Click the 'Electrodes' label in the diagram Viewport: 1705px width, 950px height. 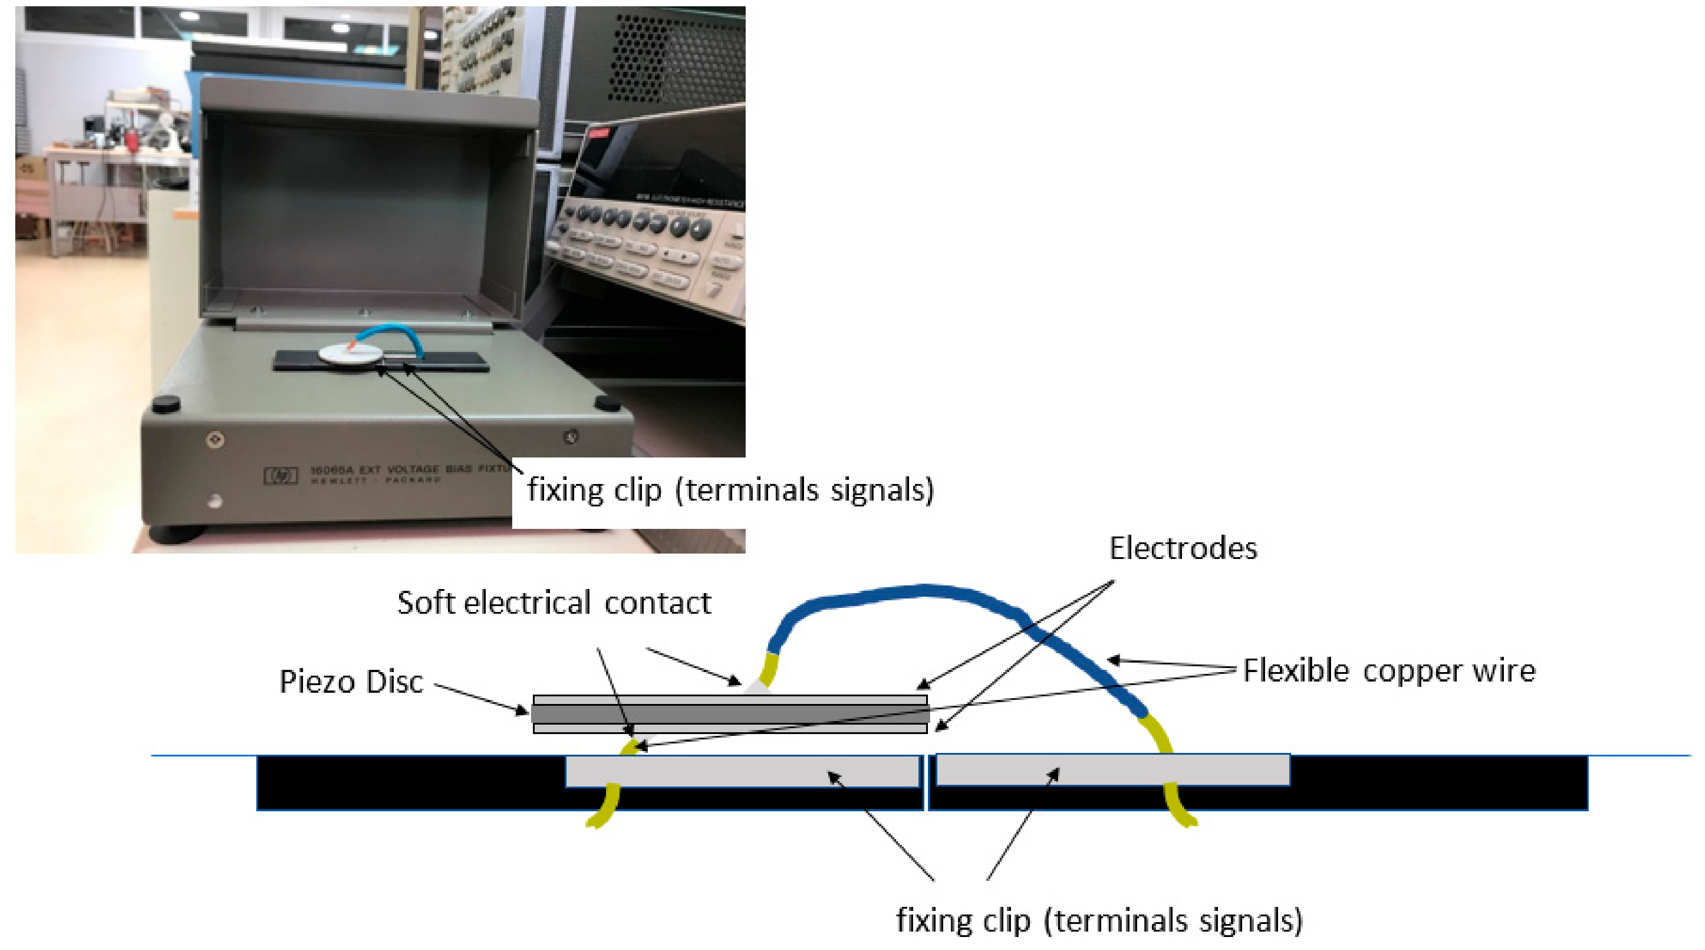click(1183, 549)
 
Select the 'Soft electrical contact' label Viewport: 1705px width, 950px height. click(554, 603)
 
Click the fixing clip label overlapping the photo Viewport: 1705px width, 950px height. click(730, 490)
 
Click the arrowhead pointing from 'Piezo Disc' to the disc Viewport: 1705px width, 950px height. click(523, 710)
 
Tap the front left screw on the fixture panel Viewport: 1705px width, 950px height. click(215, 439)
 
